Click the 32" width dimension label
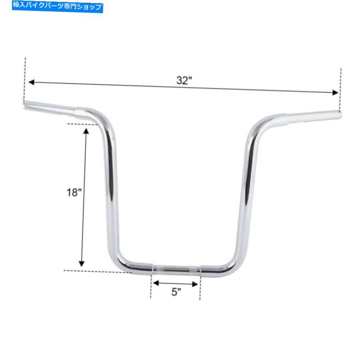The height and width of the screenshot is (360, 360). pyautogui.click(x=184, y=80)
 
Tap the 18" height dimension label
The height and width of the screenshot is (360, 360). pyautogui.click(x=74, y=192)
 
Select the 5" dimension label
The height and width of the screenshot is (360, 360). pyautogui.click(x=176, y=292)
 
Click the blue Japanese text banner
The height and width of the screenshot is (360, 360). pyautogui.click(x=57, y=6)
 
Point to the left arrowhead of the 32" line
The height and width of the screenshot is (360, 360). pyautogui.click(x=31, y=82)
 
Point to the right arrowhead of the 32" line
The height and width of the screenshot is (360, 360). pyautogui.click(x=335, y=92)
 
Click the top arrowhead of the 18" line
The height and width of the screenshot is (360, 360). pyautogui.click(x=86, y=131)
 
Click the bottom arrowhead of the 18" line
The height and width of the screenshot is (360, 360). pyautogui.click(x=82, y=264)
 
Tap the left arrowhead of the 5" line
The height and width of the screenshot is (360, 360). pyautogui.click(x=156, y=283)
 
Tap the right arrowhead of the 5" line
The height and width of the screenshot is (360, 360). pyautogui.click(x=195, y=284)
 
